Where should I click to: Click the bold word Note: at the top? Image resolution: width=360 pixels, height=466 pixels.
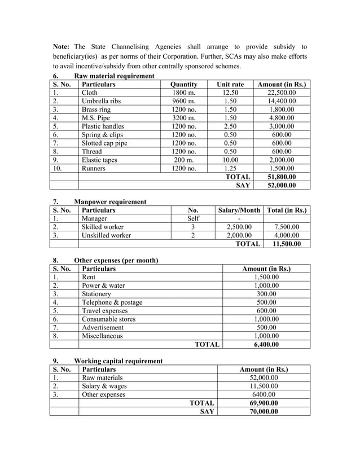click(x=62, y=46)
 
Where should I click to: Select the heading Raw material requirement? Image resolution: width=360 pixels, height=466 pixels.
click(x=114, y=76)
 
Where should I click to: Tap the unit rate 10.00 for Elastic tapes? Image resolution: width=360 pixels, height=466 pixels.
click(x=230, y=160)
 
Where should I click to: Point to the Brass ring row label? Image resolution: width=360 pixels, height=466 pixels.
click(x=97, y=110)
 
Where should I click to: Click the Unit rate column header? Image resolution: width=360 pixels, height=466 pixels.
click(x=230, y=85)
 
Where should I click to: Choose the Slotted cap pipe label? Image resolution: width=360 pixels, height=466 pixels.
click(x=104, y=143)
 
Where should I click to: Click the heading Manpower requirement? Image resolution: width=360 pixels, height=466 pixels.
click(x=110, y=201)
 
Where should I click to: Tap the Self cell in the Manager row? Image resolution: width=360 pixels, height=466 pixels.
click(x=193, y=218)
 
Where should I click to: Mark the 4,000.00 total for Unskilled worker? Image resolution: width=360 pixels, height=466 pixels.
click(x=287, y=235)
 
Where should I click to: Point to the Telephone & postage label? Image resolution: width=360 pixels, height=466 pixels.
click(x=112, y=302)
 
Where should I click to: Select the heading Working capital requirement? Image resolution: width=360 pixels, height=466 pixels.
click(x=118, y=361)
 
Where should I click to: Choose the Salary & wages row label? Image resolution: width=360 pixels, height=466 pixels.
click(x=104, y=386)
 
